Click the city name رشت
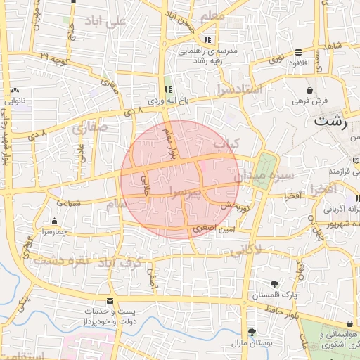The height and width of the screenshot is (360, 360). pyautogui.click(x=331, y=120)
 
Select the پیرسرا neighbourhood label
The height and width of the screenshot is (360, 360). pyautogui.click(x=184, y=192)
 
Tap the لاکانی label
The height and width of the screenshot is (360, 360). pyautogui.click(x=246, y=249)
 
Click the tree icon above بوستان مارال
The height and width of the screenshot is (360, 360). pyautogui.click(x=252, y=331)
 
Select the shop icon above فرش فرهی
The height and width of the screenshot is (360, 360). pyautogui.click(x=309, y=90)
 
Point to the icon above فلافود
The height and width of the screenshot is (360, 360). pyautogui.click(x=299, y=52)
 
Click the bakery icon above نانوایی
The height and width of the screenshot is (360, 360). pyautogui.click(x=15, y=91)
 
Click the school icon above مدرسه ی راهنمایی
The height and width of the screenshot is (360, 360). pyautogui.click(x=207, y=39)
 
